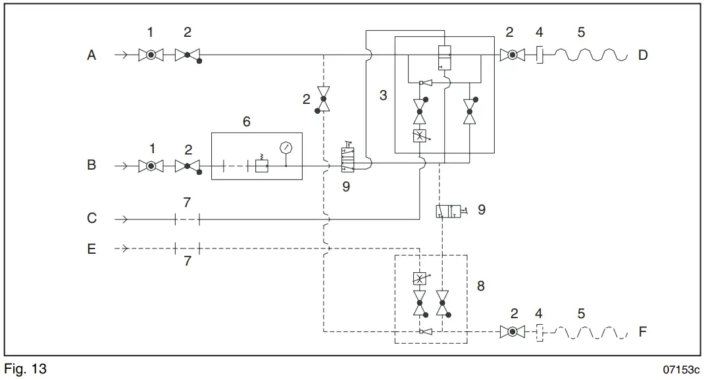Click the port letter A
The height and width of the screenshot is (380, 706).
click(91, 56)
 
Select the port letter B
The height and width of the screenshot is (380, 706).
click(91, 165)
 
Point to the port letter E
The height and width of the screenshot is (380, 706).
click(91, 249)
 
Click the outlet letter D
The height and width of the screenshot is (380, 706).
click(642, 56)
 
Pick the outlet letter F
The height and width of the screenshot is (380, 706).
click(642, 331)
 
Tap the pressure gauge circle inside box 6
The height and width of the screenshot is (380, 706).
click(286, 147)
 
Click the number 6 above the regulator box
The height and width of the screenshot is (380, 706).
click(247, 121)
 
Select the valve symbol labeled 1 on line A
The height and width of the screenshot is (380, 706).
click(151, 56)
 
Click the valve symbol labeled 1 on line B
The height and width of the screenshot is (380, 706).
click(151, 166)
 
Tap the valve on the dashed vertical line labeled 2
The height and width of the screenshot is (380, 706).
click(324, 100)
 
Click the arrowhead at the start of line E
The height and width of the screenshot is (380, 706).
click(120, 249)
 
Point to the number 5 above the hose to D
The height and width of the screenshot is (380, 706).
click(580, 32)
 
